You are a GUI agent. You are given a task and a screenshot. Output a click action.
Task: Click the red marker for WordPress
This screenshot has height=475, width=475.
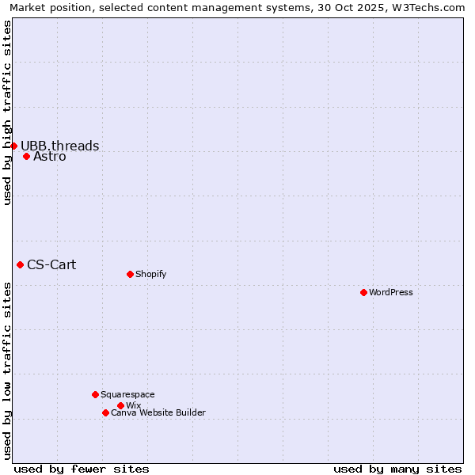[363, 292]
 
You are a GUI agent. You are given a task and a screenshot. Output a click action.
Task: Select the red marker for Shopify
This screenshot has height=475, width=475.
[130, 274]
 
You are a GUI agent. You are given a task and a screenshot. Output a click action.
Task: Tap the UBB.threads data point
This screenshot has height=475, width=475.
[13, 146]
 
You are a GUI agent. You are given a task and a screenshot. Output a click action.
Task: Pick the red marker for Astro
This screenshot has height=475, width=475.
[26, 156]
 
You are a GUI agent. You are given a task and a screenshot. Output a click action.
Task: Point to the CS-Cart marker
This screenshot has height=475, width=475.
[20, 264]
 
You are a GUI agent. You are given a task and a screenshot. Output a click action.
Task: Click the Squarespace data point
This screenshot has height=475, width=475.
[95, 394]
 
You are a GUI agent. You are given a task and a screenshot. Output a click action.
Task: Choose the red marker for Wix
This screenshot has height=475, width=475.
[120, 405]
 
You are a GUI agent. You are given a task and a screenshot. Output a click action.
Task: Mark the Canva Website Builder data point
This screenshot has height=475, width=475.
[105, 412]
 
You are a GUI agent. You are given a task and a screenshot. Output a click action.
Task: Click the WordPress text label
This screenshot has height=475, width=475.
[391, 292]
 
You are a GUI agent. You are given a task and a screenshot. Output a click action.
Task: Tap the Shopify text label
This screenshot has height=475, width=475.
[150, 274]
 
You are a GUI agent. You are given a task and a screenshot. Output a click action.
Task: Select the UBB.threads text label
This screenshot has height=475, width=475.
[60, 146]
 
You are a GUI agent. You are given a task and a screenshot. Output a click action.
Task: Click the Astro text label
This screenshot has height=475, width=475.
[50, 157]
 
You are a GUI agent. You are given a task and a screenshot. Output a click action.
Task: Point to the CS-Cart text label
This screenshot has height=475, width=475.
[51, 264]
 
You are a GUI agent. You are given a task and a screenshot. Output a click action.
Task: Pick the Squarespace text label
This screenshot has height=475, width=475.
[127, 394]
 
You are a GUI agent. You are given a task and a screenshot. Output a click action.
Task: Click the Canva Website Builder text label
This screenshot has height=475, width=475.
[158, 412]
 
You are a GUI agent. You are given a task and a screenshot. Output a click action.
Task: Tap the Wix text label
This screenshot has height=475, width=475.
[133, 405]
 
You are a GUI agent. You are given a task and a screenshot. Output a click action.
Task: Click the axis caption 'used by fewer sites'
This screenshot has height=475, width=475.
[82, 469]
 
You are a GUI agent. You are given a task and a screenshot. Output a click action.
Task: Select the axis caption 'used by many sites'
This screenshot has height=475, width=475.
[397, 469]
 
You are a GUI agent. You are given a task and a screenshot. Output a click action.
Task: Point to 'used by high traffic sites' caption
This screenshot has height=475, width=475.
[7, 113]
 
